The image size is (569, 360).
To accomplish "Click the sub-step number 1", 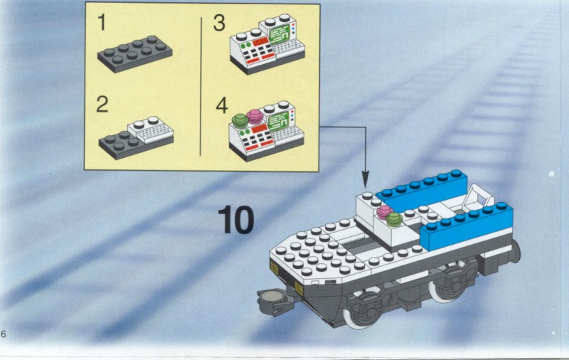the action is [x=102, y=22].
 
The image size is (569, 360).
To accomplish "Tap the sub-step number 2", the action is [x=102, y=104].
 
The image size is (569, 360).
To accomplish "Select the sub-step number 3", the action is [x=219, y=23].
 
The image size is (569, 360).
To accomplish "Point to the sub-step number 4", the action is [x=222, y=105].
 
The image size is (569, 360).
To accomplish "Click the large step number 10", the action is [x=236, y=220].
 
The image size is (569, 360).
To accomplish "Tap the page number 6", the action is [x=4, y=334].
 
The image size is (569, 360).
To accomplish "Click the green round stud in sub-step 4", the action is [x=240, y=120].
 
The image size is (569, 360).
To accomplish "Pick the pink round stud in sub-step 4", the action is [x=255, y=117].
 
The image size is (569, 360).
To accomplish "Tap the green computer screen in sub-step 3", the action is [x=280, y=35].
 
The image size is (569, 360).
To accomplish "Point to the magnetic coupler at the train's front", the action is [x=274, y=301].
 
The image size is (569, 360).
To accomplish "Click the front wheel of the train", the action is [x=363, y=310].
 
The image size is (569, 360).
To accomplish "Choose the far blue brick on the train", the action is [x=422, y=190].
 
